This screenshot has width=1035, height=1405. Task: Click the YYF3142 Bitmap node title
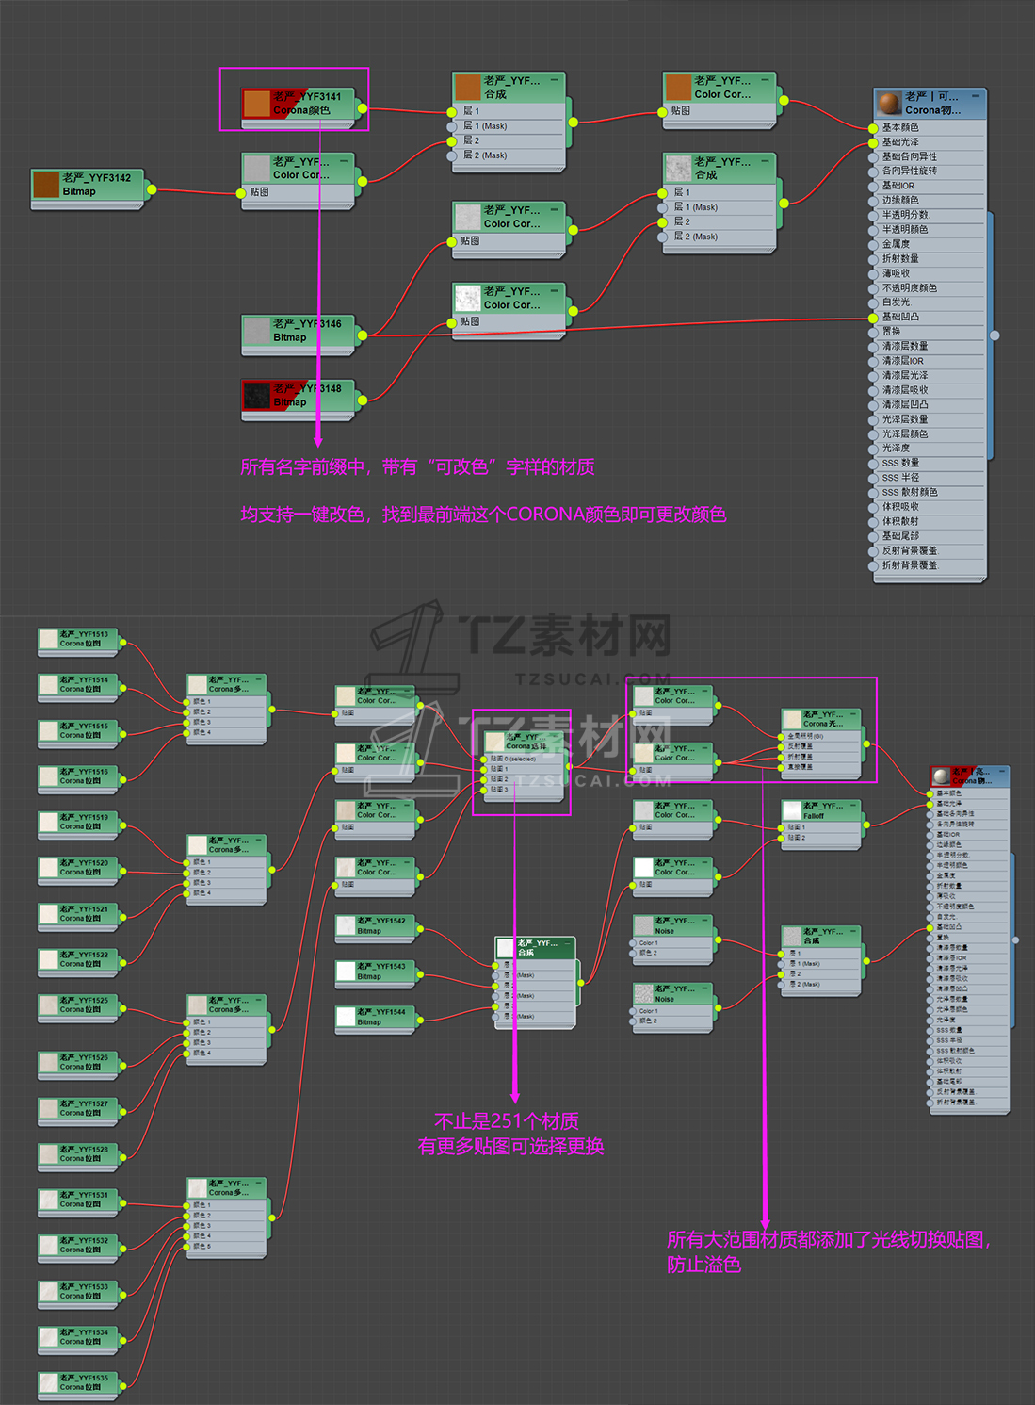click(x=96, y=177)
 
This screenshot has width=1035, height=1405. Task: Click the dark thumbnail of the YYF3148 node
click(x=257, y=396)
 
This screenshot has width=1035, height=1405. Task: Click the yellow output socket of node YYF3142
click(x=152, y=189)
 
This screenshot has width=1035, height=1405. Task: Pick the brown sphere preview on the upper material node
click(x=889, y=103)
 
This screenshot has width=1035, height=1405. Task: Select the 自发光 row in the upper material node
click(x=896, y=302)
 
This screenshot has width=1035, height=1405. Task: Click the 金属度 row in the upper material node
click(x=900, y=244)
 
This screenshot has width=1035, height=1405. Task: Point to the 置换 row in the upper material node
click(x=891, y=332)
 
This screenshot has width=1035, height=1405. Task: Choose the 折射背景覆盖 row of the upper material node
click(x=910, y=565)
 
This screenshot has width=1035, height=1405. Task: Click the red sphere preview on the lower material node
click(x=941, y=776)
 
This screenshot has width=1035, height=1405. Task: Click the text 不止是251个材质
click(x=507, y=1121)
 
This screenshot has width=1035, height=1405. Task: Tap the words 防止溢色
click(x=703, y=1265)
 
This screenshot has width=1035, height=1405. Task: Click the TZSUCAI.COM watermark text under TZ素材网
click(x=593, y=678)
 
